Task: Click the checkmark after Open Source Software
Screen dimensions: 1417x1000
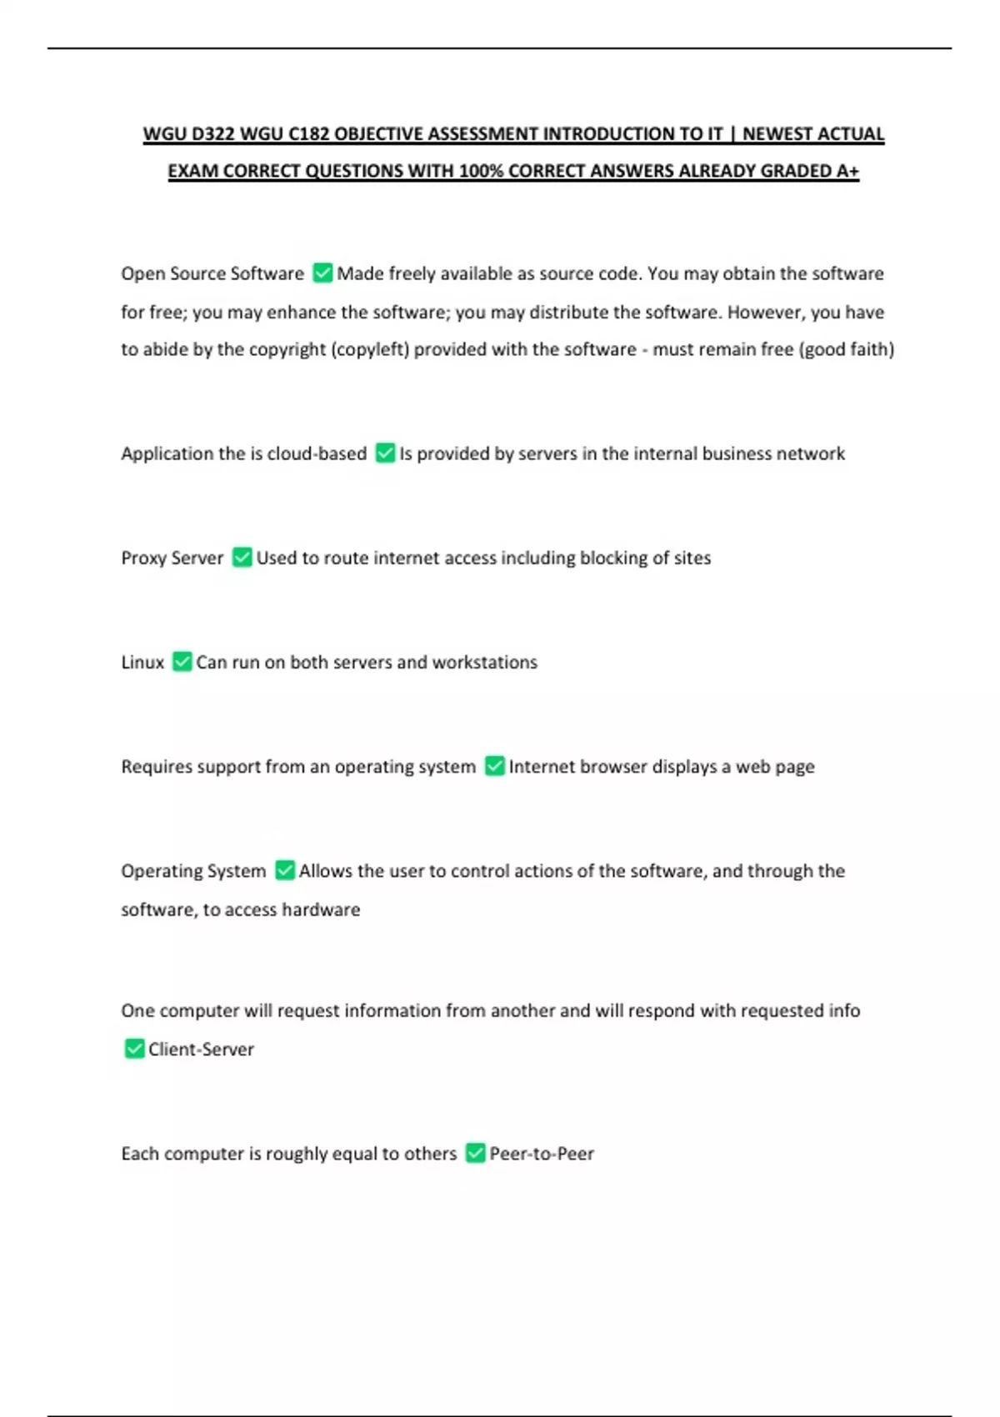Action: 322,273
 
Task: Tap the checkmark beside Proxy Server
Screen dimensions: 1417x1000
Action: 242,558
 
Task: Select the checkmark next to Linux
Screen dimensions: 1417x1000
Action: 182,662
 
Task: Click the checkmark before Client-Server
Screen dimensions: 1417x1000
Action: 134,1049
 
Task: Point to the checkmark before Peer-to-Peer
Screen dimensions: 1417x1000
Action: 475,1154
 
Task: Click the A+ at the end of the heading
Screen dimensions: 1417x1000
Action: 847,171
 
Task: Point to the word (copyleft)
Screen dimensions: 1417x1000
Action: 370,349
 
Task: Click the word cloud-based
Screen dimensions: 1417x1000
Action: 317,453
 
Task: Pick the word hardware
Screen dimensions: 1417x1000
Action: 321,909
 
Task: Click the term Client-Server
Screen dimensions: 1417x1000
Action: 201,1049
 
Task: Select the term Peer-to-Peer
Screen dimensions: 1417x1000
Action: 542,1154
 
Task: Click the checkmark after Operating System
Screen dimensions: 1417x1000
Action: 285,871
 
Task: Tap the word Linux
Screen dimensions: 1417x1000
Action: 142,662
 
